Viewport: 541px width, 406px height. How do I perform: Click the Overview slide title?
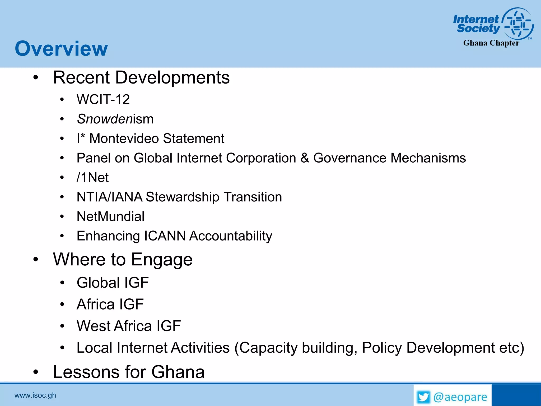pyautogui.click(x=61, y=49)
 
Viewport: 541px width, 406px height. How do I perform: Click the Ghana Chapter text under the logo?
pyautogui.click(x=491, y=43)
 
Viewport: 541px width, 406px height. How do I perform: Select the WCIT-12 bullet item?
pyautogui.click(x=103, y=100)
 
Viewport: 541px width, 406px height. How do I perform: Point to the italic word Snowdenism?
pyautogui.click(x=115, y=119)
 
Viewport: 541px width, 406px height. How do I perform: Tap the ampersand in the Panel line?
pyautogui.click(x=305, y=158)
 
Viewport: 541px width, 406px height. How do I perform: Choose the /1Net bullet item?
pyautogui.click(x=92, y=177)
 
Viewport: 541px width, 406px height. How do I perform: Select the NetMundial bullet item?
pyautogui.click(x=110, y=216)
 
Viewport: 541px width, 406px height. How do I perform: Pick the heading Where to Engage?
pyautogui.click(x=123, y=260)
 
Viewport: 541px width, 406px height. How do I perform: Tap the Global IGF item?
pyautogui.click(x=113, y=283)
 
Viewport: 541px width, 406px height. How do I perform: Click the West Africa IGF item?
pyautogui.click(x=129, y=326)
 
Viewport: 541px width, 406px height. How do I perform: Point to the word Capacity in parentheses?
pyautogui.click(x=268, y=348)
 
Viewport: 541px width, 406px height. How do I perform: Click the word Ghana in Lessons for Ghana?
pyautogui.click(x=178, y=372)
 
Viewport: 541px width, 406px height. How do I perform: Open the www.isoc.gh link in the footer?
pyautogui.click(x=35, y=395)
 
